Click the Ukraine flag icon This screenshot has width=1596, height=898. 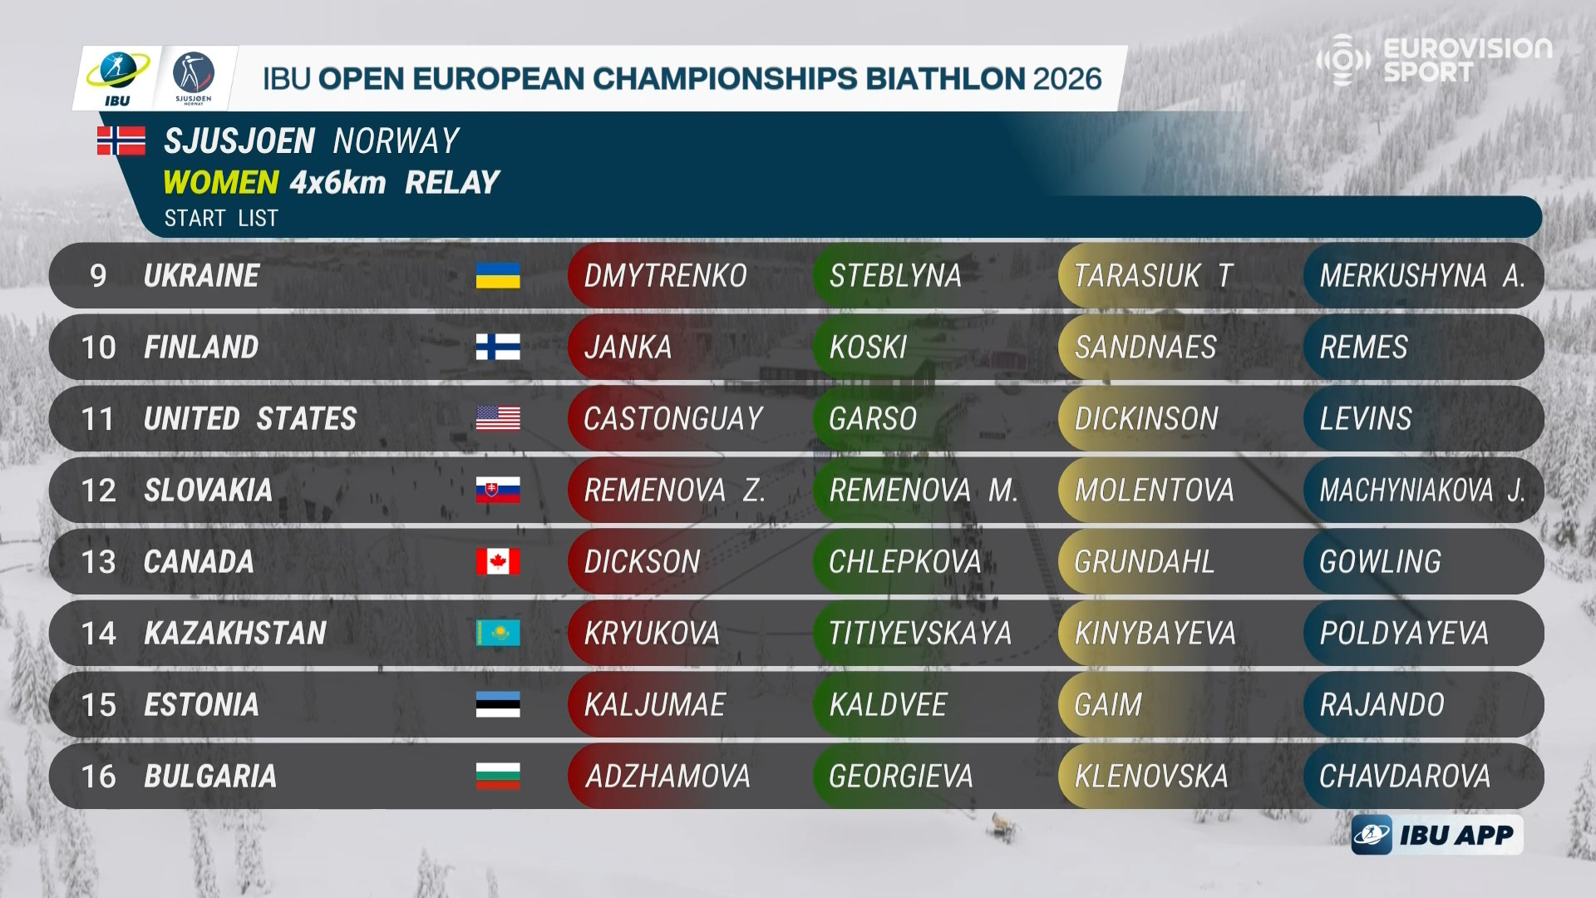[x=498, y=275]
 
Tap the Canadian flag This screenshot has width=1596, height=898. [x=498, y=561]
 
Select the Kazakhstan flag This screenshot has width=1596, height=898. [x=498, y=633]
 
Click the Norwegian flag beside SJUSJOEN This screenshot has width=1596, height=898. [x=121, y=141]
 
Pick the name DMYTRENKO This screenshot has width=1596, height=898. [x=665, y=276]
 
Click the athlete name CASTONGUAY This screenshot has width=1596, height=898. [x=672, y=419]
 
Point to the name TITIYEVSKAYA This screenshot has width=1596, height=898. [x=920, y=634]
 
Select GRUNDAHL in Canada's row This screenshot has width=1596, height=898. [x=1144, y=562]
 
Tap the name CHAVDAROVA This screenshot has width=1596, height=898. [x=1405, y=777]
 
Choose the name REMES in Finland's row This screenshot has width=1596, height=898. [x=1363, y=348]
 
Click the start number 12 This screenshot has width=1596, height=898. [x=98, y=491]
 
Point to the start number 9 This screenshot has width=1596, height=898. [x=98, y=276]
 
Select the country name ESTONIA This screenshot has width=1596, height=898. [x=201, y=705]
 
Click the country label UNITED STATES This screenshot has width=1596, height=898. [x=250, y=419]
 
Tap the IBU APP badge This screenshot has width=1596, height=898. [x=1437, y=835]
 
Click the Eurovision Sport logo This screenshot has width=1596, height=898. [x=1435, y=59]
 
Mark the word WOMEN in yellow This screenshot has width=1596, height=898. [x=220, y=182]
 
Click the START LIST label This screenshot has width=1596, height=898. [x=221, y=218]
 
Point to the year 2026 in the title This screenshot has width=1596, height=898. [x=1066, y=78]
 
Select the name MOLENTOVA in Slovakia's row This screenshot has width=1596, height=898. [x=1154, y=491]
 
